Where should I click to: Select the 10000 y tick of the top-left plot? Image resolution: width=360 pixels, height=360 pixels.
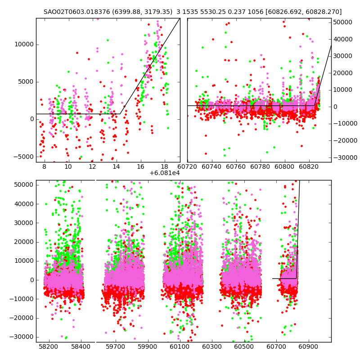coord(24,45)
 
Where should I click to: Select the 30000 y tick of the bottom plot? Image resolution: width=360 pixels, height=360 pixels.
coord(23,223)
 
